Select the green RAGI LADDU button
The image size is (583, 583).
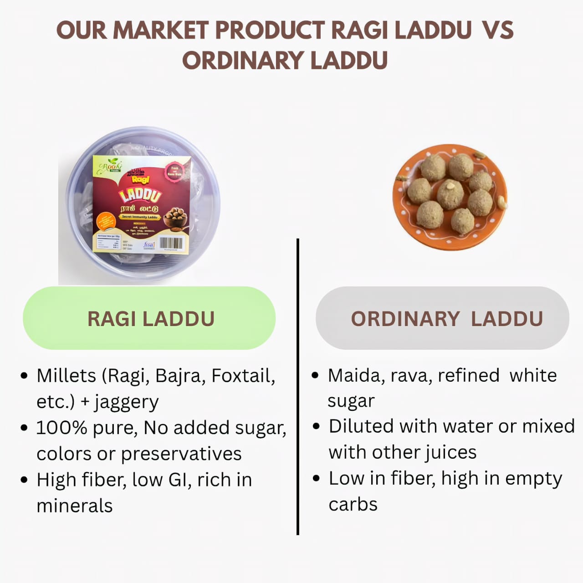click(149, 318)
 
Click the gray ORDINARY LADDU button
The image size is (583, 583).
click(442, 318)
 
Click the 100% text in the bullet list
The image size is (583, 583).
click(61, 428)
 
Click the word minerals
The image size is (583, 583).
click(74, 506)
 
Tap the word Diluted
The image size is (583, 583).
click(361, 426)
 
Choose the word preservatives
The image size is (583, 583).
click(181, 454)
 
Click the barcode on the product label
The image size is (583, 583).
click(171, 243)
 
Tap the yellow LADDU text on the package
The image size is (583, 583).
click(140, 195)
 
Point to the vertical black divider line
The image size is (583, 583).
click(297, 387)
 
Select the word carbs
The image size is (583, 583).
click(353, 505)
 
